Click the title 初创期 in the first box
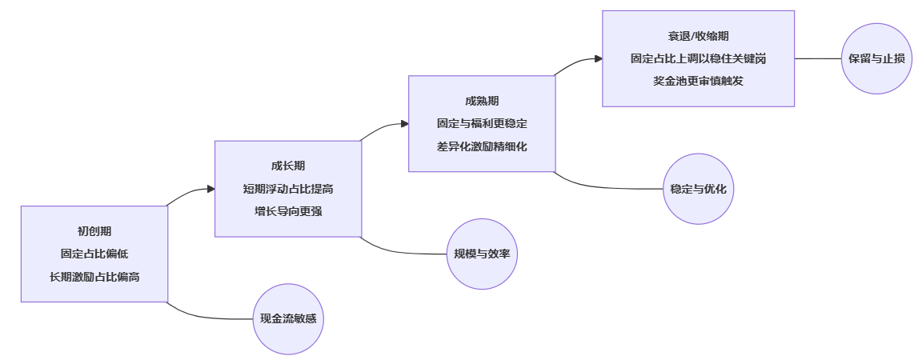tap(94, 231)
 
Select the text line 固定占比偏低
tap(94, 254)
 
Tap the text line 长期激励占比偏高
tap(94, 276)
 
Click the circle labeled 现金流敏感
tap(288, 318)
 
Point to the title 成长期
tap(288, 166)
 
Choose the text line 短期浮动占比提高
tap(288, 189)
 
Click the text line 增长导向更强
tap(288, 211)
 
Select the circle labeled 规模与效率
tap(482, 254)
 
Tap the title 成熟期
tap(482, 102)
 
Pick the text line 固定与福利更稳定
tap(482, 124)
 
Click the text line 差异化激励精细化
tap(482, 146)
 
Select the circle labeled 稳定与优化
tap(698, 189)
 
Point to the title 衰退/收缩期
tap(698, 36)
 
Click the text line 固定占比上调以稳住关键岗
tap(698, 58)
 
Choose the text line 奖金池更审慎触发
tap(698, 81)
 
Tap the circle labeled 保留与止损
tap(876, 58)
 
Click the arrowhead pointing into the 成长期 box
tap(210, 189)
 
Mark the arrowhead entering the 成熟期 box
tap(404, 124)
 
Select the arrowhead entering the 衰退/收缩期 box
tap(598, 58)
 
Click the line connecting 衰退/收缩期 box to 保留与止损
tap(817, 58)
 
